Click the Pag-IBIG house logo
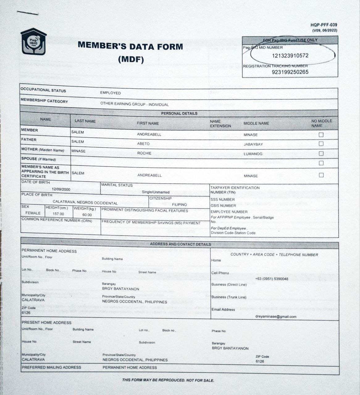click(33, 42)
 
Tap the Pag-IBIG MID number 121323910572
click(290, 56)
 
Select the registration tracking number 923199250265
click(290, 72)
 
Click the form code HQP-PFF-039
click(324, 25)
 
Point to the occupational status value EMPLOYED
click(110, 93)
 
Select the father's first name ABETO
click(143, 144)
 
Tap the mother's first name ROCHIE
click(144, 153)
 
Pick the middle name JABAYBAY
click(253, 144)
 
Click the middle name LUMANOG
click(253, 154)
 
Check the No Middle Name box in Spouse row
click(321, 163)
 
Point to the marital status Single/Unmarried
click(156, 192)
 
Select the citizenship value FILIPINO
click(179, 205)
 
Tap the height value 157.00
click(58, 214)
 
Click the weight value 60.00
click(87, 215)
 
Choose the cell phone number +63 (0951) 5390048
click(272, 279)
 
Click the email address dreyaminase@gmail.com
click(276, 317)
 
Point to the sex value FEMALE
click(33, 213)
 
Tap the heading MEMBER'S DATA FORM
click(130, 47)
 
